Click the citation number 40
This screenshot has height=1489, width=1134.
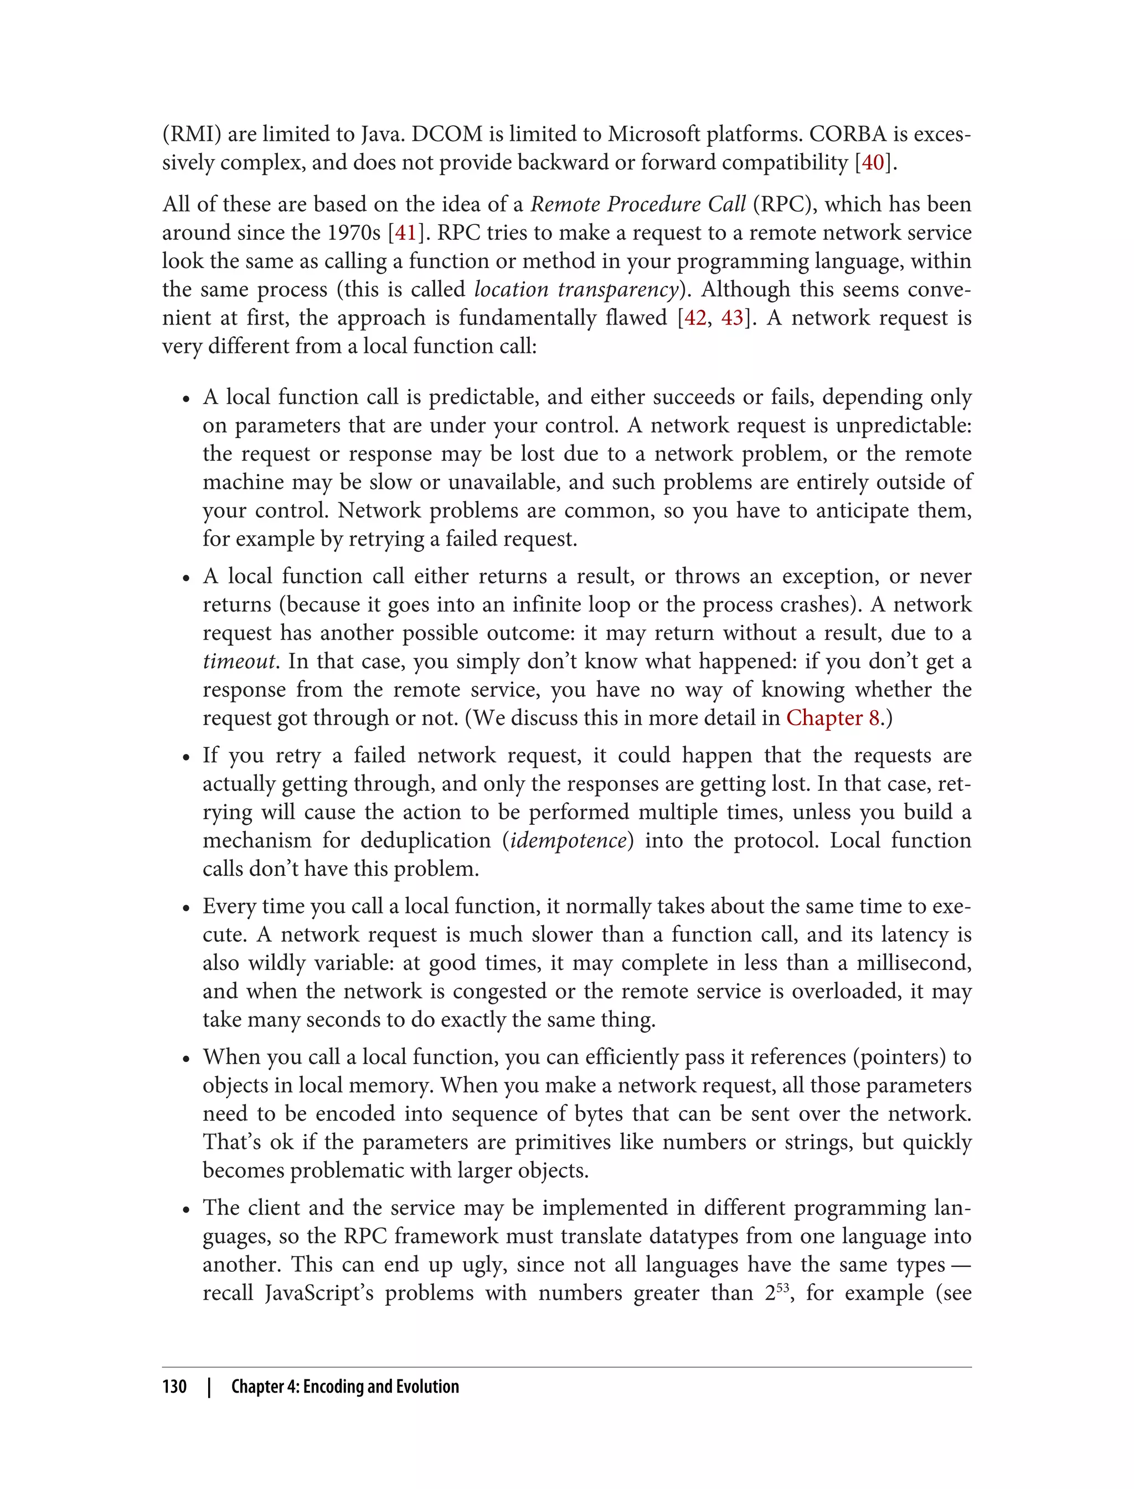coord(873,163)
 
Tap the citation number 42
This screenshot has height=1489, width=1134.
coord(695,318)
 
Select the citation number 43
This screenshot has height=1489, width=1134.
coord(733,318)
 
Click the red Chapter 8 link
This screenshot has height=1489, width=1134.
coord(832,718)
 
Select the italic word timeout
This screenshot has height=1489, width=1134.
coord(239,661)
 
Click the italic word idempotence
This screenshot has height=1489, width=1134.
coord(568,841)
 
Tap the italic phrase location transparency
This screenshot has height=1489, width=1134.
coord(576,290)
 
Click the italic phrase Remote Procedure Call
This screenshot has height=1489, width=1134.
coord(638,204)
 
